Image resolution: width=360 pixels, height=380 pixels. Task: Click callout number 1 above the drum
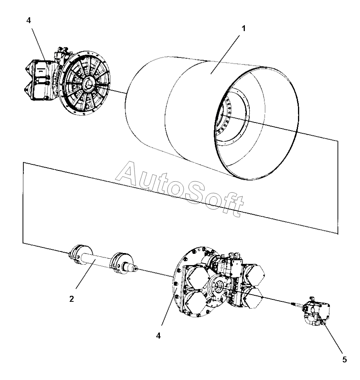pyautogui.click(x=244, y=29)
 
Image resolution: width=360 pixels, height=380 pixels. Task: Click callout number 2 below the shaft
pyautogui.click(x=71, y=299)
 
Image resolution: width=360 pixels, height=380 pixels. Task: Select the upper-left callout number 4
pyautogui.click(x=28, y=21)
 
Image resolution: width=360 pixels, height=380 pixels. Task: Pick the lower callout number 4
pyautogui.click(x=159, y=335)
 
